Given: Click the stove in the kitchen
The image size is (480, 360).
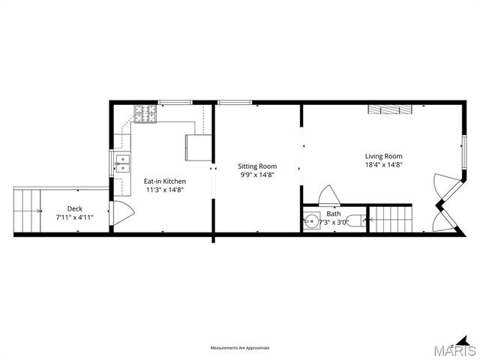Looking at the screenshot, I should (x=145, y=114).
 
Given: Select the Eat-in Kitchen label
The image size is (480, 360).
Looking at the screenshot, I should (x=165, y=181).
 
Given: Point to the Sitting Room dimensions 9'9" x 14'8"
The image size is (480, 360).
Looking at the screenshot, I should (x=257, y=174).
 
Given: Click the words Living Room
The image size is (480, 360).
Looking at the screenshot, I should (x=384, y=156).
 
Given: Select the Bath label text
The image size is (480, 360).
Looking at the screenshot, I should (x=333, y=214).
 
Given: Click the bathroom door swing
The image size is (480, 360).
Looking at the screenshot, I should (x=328, y=195).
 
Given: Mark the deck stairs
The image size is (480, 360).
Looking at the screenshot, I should (x=28, y=211).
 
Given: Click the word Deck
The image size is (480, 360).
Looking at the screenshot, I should (x=74, y=208).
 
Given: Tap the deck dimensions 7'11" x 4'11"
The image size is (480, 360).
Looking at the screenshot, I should (x=74, y=217).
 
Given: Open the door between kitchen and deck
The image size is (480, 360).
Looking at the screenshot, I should (x=115, y=214).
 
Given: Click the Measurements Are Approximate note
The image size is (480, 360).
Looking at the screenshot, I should (x=239, y=348).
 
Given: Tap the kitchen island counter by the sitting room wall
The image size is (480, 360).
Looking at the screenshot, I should (x=199, y=147).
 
